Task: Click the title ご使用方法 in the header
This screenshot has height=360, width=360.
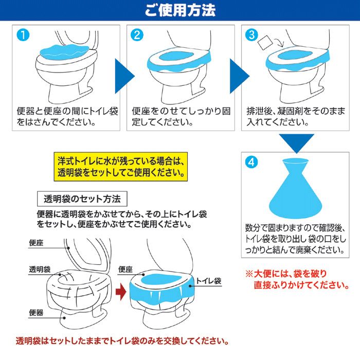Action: tap(179, 10)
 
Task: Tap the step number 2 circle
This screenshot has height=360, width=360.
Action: tap(136, 35)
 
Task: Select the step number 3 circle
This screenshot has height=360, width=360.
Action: tap(251, 35)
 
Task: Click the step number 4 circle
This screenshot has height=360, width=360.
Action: tap(251, 162)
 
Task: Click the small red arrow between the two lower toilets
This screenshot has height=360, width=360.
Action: tap(119, 293)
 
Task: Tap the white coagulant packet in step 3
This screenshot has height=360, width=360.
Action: tap(264, 43)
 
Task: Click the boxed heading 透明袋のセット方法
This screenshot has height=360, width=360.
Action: tap(82, 199)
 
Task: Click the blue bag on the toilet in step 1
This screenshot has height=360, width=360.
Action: tap(64, 50)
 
